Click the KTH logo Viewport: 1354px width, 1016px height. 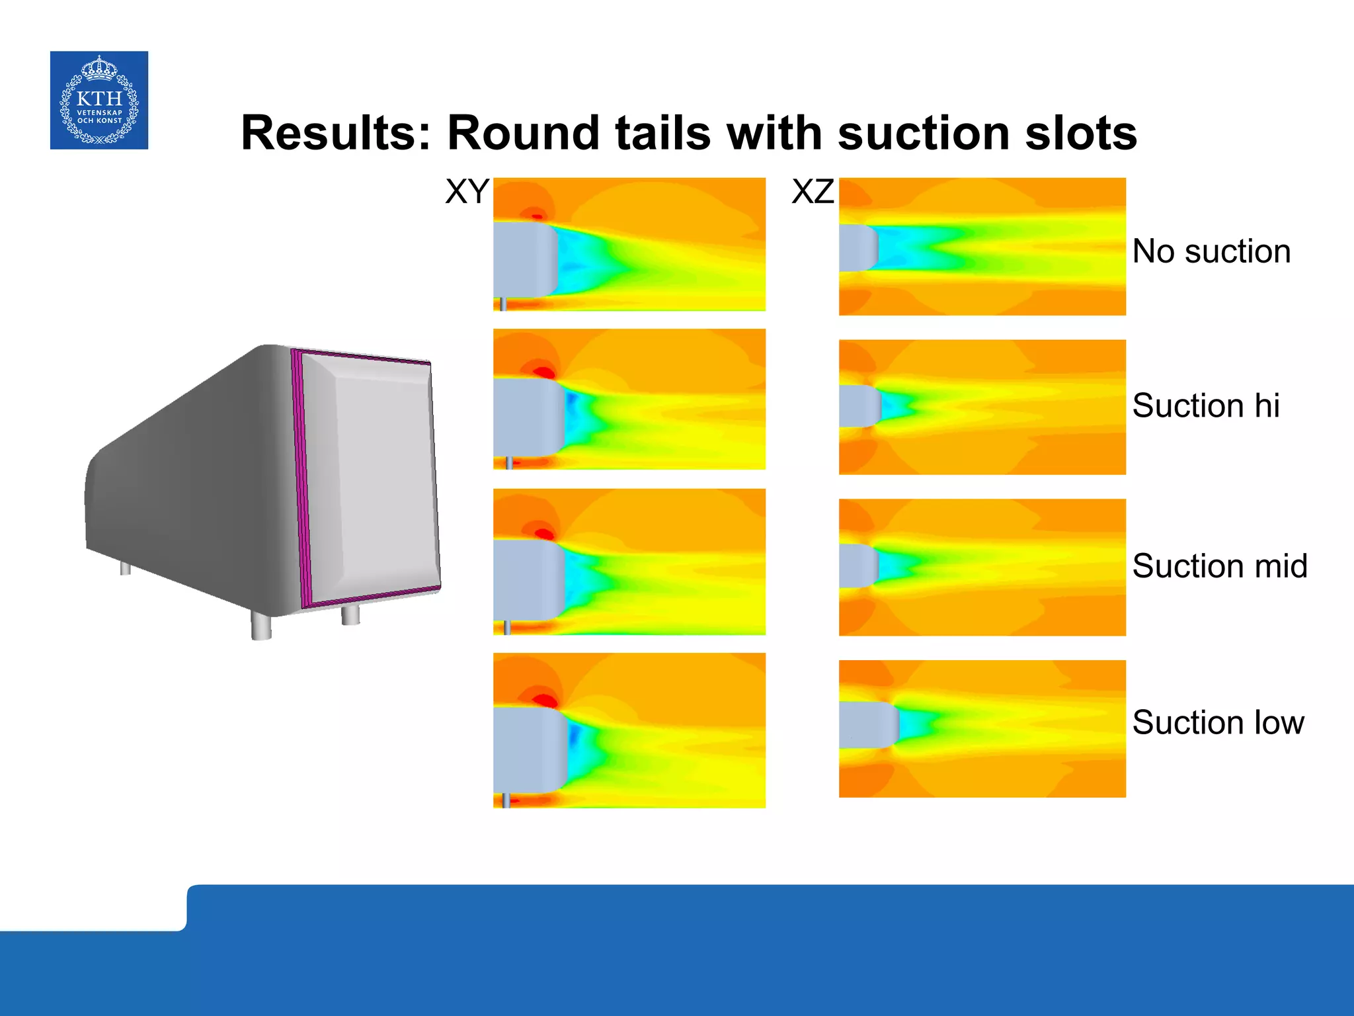(99, 100)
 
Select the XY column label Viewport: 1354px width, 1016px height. (467, 192)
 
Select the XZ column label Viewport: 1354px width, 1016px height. (813, 192)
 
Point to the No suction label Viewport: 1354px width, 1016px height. (1211, 251)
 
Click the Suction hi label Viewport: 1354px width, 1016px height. (1206, 405)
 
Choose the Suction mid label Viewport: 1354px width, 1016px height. (1220, 566)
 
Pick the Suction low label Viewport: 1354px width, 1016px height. (1218, 722)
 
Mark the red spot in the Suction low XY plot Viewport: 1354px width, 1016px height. (546, 700)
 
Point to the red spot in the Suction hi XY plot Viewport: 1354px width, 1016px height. (543, 372)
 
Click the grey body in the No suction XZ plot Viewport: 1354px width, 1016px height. (857, 247)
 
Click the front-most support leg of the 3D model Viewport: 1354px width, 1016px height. (261, 625)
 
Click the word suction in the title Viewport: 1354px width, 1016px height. (923, 133)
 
